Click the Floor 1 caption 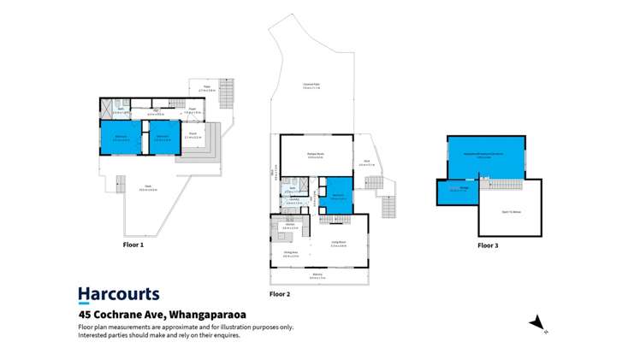coord(133,245)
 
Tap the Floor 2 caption coord(280,294)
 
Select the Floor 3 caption coord(487,245)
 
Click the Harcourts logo coord(118,294)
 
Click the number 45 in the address coord(84,315)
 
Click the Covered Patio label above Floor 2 coord(311,84)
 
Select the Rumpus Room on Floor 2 coord(315,155)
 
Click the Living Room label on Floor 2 coord(338,243)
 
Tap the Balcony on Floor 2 coord(317,277)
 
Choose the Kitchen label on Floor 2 coord(290,227)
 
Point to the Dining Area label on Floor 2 coord(290,252)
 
